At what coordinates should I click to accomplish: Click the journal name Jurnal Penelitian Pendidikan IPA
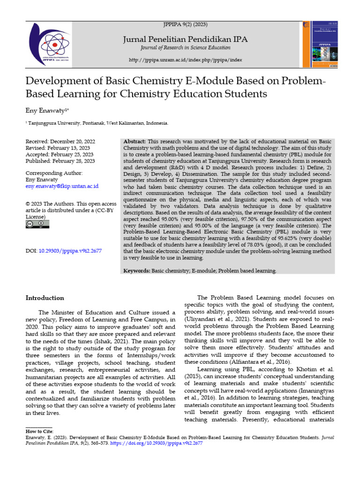pyautogui.click(x=186, y=39)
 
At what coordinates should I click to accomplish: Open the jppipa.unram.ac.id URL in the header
pyautogui.click(x=186, y=60)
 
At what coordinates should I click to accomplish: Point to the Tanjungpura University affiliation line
pyautogui.click(x=97, y=123)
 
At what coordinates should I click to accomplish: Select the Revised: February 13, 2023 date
pyautogui.click(x=59, y=148)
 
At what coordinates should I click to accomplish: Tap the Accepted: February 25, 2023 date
pyautogui.click(x=60, y=155)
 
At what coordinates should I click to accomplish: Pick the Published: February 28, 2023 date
pyautogui.click(x=60, y=161)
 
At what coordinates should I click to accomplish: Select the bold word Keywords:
pyautogui.click(x=137, y=271)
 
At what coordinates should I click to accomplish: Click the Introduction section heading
pyautogui.click(x=45, y=298)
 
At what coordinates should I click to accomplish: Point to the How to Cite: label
pyautogui.click(x=40, y=431)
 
